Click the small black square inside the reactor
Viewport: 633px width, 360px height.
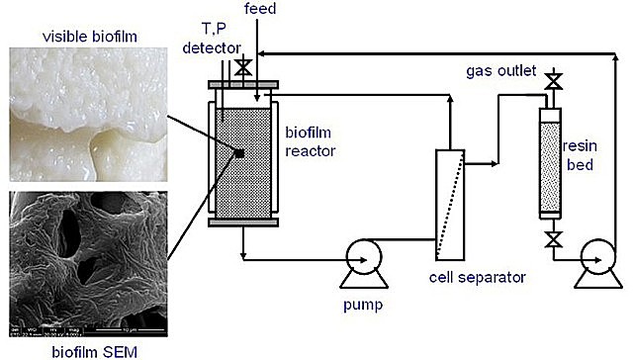click(x=238, y=153)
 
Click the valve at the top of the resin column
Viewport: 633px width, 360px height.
click(x=554, y=79)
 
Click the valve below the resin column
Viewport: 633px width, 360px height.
click(x=554, y=238)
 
